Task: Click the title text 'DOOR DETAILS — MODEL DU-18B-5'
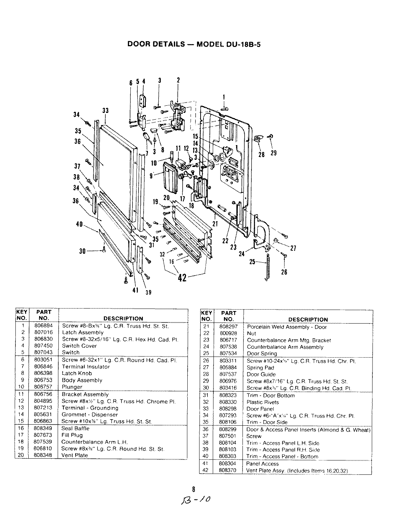click(196, 44)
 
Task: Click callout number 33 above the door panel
click(105, 111)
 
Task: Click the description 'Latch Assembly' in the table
click(83, 333)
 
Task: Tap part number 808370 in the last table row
click(228, 470)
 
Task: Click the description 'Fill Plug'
click(72, 435)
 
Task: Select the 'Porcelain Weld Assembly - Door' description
click(287, 327)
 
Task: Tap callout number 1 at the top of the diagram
click(224, 97)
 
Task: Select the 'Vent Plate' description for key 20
click(75, 455)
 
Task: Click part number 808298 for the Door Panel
click(228, 409)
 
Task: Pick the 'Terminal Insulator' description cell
click(86, 367)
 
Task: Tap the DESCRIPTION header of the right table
click(308, 320)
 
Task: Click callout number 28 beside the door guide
click(261, 154)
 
